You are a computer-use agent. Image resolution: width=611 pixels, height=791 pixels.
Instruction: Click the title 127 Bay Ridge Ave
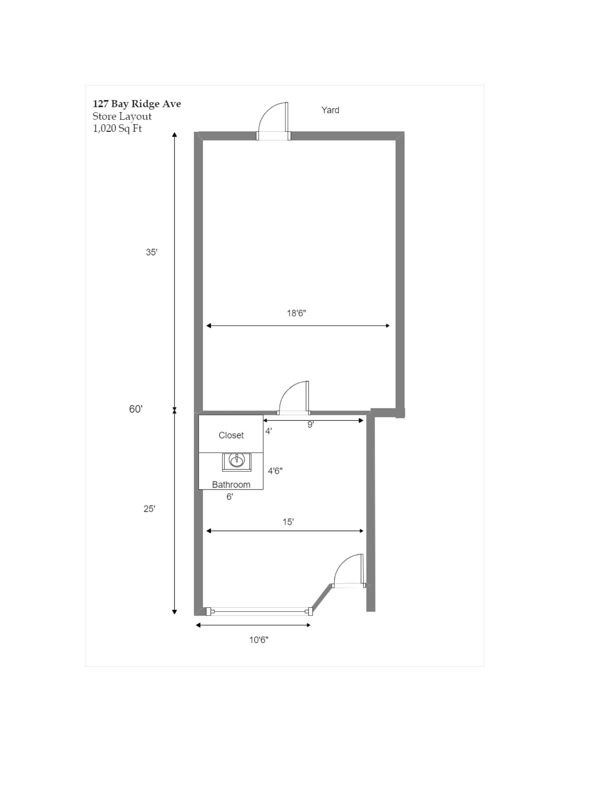[137, 104]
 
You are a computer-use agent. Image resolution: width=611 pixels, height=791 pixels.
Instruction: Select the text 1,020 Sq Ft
[117, 129]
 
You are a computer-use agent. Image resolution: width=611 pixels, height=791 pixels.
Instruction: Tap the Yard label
[330, 110]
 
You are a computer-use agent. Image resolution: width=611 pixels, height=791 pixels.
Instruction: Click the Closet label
[231, 435]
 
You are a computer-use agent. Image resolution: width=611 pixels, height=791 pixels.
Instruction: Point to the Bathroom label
[231, 485]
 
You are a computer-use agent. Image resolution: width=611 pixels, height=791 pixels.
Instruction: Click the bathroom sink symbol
[237, 462]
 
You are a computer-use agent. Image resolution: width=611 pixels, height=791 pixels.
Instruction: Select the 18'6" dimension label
[297, 313]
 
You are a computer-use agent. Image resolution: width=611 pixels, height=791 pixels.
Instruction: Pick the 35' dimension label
[152, 252]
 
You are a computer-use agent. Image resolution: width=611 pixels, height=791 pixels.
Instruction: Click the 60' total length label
[136, 409]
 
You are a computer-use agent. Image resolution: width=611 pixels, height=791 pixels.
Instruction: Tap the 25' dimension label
[149, 509]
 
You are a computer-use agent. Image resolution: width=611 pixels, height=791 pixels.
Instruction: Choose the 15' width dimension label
[288, 522]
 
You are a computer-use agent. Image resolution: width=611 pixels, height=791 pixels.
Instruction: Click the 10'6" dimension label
[259, 640]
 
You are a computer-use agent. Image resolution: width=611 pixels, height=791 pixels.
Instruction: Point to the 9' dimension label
[311, 425]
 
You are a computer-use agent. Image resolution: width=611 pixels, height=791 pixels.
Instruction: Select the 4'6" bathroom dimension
[275, 471]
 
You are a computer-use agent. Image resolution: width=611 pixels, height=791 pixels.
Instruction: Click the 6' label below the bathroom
[230, 497]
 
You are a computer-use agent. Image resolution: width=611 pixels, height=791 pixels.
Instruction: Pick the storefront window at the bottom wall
[259, 611]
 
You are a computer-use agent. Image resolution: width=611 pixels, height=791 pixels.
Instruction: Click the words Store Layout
[122, 116]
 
